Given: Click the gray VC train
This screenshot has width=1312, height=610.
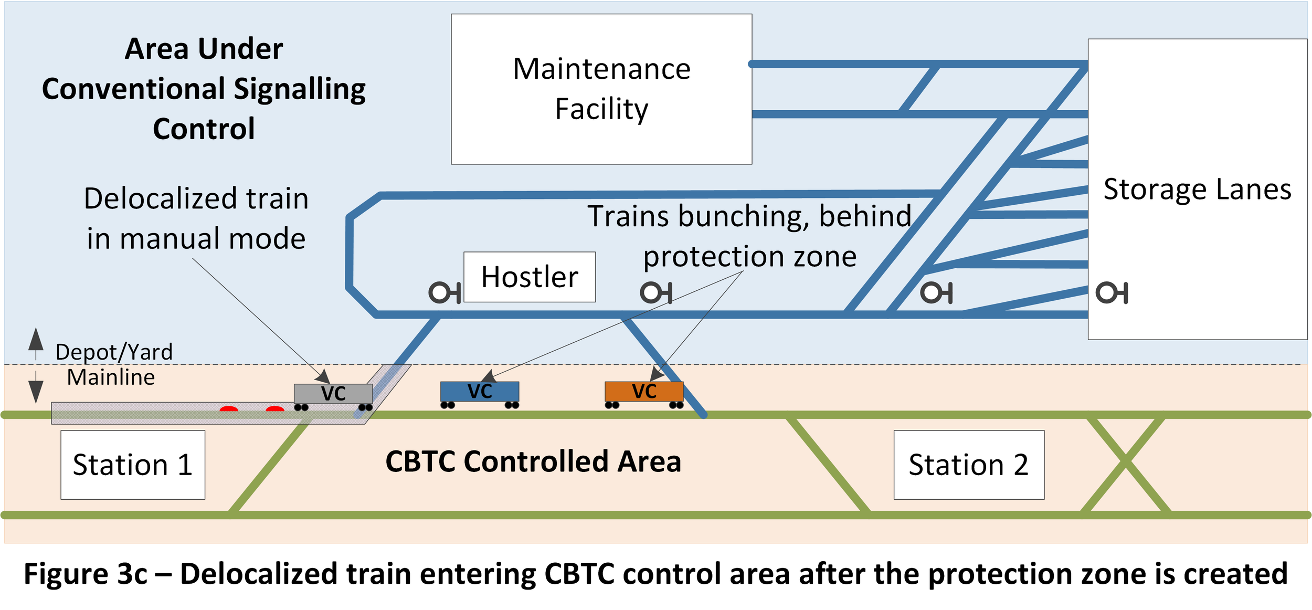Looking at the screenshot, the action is [333, 397].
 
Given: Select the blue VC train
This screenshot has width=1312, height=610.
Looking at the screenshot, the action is [480, 395].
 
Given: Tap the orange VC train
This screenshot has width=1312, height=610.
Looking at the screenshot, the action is [644, 395].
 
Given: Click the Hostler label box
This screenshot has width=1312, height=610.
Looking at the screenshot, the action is [530, 277].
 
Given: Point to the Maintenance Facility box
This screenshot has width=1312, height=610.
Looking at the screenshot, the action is [601, 89].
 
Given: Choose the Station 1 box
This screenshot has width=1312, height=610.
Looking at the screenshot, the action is [133, 465].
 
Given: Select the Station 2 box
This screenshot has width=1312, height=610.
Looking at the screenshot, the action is [969, 465].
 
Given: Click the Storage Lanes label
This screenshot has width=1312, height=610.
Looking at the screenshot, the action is [1197, 189].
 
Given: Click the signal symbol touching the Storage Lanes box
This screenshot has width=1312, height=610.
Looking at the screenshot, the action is [1112, 292].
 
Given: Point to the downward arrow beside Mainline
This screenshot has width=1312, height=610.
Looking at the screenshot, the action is [36, 387].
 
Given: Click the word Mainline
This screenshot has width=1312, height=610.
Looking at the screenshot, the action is [111, 377].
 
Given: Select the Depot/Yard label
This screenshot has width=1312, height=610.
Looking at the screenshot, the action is [114, 352].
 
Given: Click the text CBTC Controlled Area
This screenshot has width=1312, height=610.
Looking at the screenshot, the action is [533, 462].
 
